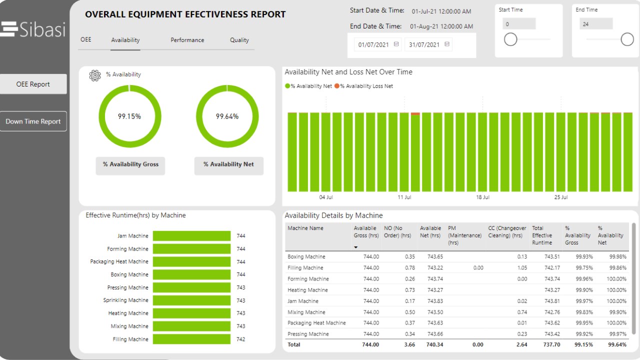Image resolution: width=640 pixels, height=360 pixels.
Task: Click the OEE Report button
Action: (x=33, y=84)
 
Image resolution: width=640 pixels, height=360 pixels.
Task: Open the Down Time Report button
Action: (x=33, y=121)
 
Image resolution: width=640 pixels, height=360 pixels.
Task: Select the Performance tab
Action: (x=187, y=40)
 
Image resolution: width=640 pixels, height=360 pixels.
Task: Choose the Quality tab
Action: (x=239, y=40)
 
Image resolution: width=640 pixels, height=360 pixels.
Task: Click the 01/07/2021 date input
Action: (x=373, y=44)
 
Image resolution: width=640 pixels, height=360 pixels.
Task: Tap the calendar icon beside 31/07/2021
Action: (x=447, y=44)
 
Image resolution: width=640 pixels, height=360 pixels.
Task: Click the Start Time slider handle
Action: (x=510, y=39)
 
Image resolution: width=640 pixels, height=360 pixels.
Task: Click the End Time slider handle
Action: (x=627, y=39)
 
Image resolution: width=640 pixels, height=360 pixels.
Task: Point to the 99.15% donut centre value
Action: (x=129, y=116)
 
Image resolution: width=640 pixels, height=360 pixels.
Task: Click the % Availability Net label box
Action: (x=228, y=164)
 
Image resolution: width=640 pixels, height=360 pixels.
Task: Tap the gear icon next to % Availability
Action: (x=94, y=75)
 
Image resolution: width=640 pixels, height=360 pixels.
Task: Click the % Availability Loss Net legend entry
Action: (x=363, y=86)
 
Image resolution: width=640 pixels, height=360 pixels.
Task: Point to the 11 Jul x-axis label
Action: (x=404, y=197)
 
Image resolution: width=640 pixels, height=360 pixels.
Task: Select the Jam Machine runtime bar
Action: (x=191, y=236)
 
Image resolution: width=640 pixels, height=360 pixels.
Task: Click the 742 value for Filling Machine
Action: (x=241, y=339)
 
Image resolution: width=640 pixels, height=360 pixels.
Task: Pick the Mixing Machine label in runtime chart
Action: (x=129, y=326)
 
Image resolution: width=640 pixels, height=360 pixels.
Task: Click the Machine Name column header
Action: (x=305, y=228)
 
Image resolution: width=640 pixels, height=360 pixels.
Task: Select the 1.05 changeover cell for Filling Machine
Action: (x=522, y=268)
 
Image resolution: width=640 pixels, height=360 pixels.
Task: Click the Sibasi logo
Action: (x=33, y=29)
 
